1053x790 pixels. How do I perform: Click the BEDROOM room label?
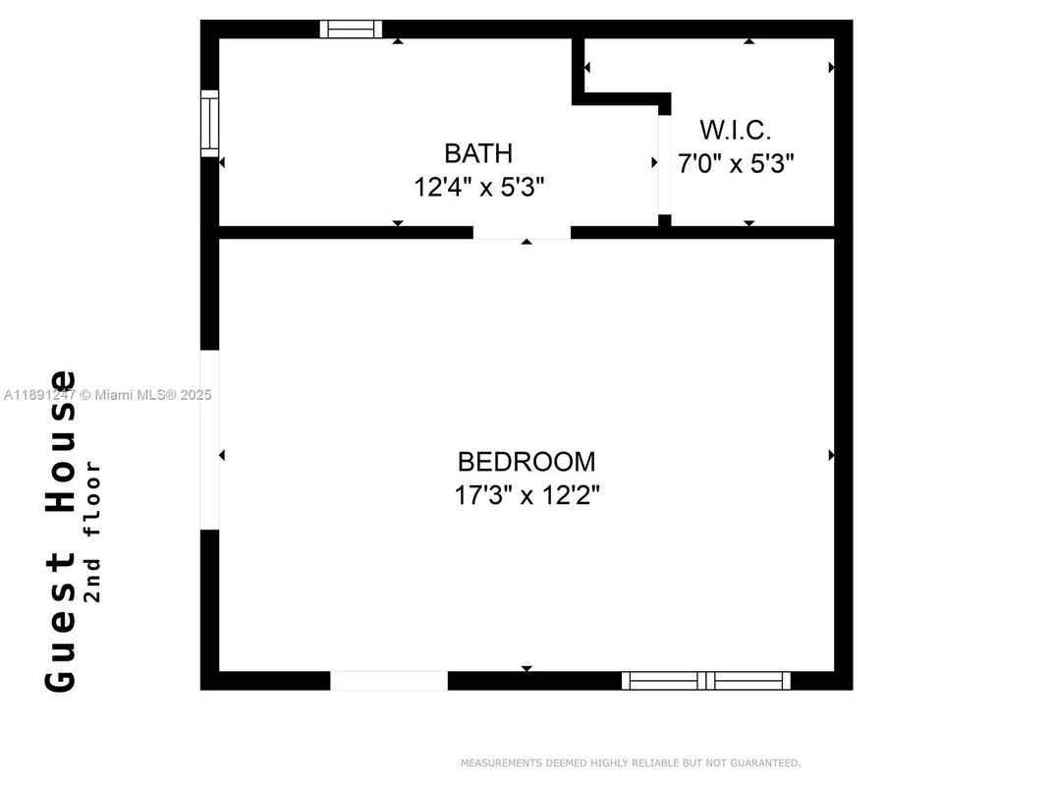(526, 461)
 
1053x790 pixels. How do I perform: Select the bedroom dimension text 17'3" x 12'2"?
(526, 494)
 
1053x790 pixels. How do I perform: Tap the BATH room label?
(478, 153)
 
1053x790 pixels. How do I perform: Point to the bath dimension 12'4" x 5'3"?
(478, 187)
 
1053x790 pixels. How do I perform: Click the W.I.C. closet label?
(735, 130)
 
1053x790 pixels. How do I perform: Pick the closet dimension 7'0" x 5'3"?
(735, 163)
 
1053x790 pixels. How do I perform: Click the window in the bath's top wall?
(351, 29)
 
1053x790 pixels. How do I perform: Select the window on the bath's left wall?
(209, 123)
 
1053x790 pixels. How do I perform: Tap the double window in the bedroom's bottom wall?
(706, 680)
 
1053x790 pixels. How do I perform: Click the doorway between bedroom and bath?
(522, 233)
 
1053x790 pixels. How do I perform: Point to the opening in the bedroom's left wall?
(209, 439)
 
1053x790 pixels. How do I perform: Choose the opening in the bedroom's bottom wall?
(388, 680)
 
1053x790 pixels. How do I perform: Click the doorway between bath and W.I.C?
(664, 163)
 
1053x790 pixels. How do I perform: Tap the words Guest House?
(62, 531)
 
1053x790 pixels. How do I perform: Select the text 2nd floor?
(93, 531)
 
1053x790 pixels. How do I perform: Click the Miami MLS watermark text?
(107, 395)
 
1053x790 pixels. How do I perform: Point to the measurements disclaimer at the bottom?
(630, 762)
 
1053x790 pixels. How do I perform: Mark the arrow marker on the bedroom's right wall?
(831, 455)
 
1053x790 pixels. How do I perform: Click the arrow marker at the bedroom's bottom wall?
(526, 668)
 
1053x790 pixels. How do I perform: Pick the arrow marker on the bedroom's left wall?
(222, 455)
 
